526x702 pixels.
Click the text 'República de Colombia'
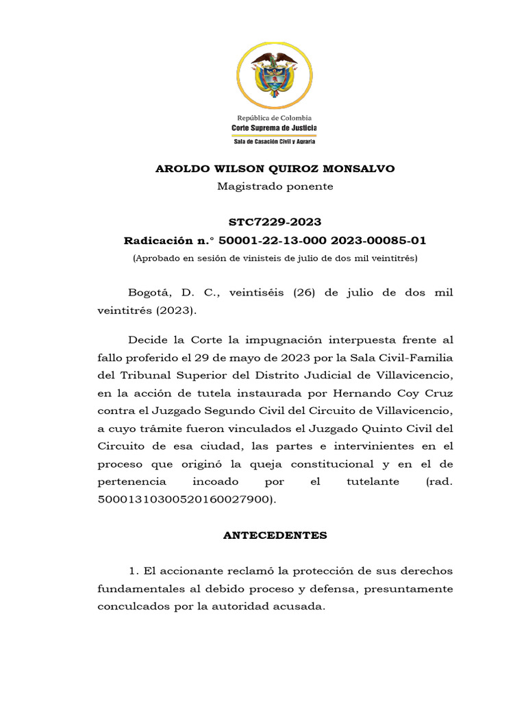[x=274, y=118]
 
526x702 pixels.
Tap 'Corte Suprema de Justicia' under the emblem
[x=274, y=128]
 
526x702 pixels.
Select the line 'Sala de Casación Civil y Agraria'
[x=274, y=141]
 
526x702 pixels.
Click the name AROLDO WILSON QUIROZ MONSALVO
[x=275, y=169]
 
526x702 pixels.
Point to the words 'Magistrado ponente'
[x=275, y=186]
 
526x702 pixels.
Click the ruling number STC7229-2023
[x=275, y=222]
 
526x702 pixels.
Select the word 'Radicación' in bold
[x=158, y=241]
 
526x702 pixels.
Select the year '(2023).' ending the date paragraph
[x=176, y=311]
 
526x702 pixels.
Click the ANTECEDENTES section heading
[x=275, y=535]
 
